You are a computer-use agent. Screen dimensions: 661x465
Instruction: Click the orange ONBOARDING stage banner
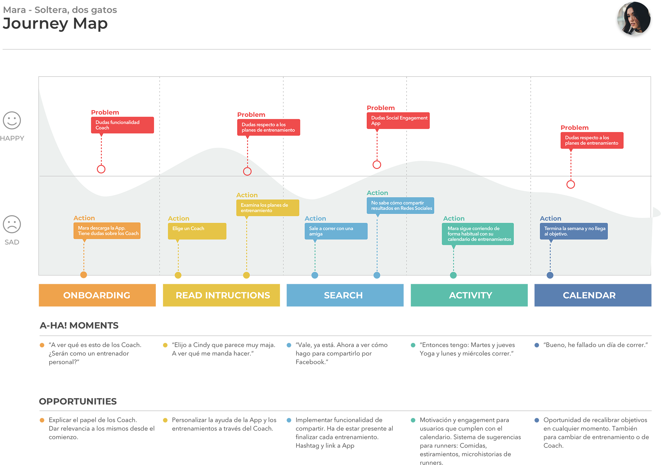click(97, 295)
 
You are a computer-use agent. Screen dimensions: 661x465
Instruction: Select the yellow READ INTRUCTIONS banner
click(221, 295)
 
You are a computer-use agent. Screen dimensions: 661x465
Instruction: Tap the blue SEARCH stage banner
click(345, 295)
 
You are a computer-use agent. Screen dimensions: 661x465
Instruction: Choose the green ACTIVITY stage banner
click(469, 295)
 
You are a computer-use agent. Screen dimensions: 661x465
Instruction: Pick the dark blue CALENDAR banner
click(593, 295)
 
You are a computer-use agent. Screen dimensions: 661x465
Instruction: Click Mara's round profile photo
click(634, 19)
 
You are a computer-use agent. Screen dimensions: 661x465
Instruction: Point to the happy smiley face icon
click(12, 120)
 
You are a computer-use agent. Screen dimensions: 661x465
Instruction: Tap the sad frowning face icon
click(12, 224)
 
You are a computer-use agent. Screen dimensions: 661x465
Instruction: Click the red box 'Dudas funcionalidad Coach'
click(122, 125)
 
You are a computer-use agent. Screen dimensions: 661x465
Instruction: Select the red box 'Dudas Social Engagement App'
click(398, 120)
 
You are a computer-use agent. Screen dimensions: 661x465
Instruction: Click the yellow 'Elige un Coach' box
click(197, 231)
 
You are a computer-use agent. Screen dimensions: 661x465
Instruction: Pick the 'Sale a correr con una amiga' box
click(336, 231)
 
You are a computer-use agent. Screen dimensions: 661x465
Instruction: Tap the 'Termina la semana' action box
click(574, 231)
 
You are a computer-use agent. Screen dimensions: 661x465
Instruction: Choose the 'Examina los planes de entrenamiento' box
click(268, 208)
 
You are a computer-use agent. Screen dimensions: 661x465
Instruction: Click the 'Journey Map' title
click(55, 24)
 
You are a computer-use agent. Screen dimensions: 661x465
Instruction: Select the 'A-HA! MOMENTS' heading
click(79, 325)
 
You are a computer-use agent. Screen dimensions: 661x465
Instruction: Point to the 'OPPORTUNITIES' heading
click(78, 401)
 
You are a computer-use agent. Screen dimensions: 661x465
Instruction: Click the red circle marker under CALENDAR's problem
click(571, 184)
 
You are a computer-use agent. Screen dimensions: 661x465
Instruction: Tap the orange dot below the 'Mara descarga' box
click(84, 275)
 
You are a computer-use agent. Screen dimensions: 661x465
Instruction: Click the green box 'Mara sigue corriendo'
click(478, 234)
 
